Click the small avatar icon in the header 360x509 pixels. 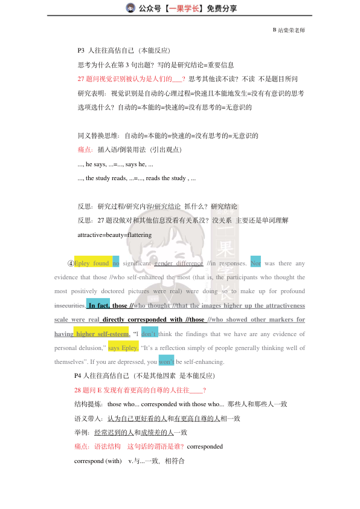(130, 8)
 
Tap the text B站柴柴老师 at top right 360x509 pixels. (289, 29)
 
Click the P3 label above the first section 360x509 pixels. (82, 50)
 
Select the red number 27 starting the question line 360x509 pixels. (82, 79)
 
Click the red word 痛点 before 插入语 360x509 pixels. (85, 149)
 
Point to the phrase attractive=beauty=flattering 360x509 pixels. (114, 235)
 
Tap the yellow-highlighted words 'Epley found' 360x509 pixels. (92, 264)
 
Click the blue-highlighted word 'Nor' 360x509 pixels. (256, 264)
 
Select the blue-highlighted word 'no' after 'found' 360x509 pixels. (116, 264)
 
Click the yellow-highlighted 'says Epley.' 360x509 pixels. (123, 348)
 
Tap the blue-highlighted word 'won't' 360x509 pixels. (166, 362)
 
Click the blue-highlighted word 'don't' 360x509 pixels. (149, 334)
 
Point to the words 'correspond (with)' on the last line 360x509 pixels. (98, 461)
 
